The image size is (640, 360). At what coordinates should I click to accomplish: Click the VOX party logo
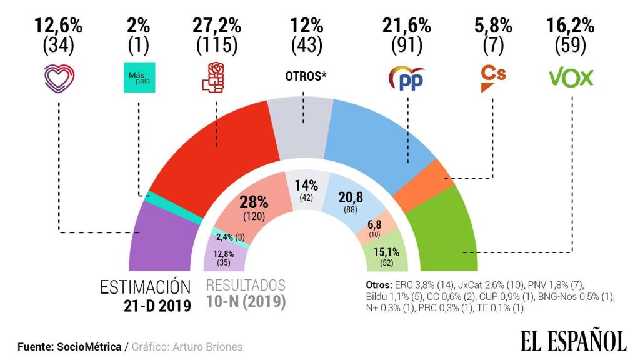tap(571, 77)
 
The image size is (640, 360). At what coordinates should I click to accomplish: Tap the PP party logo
tap(406, 78)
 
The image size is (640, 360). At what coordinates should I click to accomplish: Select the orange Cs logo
tap(492, 78)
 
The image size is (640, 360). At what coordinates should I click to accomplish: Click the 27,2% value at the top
tap(216, 26)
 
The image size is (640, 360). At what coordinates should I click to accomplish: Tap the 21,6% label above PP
tap(406, 26)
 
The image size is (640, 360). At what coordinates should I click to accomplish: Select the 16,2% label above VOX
tap(571, 26)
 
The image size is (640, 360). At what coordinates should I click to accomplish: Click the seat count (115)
tap(216, 46)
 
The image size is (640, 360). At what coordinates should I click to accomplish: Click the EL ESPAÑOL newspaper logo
tap(572, 341)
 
